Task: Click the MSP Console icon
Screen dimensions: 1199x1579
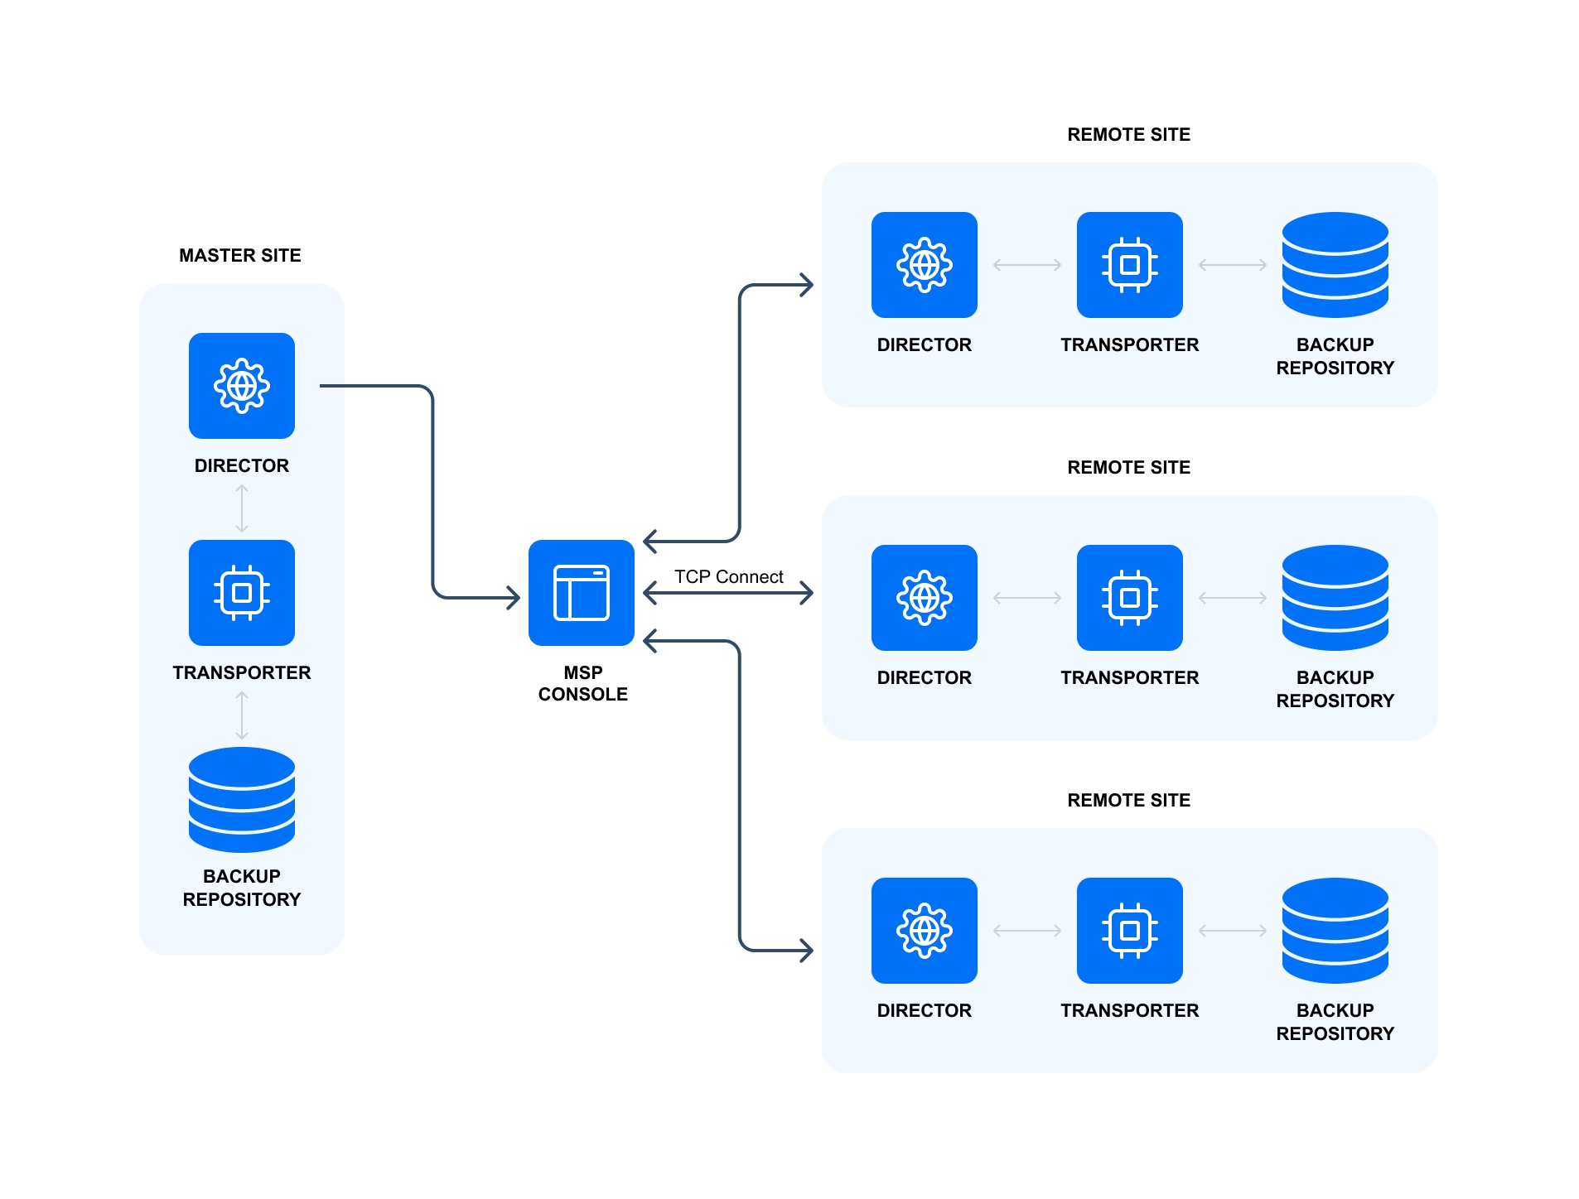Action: click(x=581, y=593)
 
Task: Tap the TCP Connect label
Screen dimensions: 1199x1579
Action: click(x=728, y=576)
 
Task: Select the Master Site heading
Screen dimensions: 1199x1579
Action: click(x=239, y=255)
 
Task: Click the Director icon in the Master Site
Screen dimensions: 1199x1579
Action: click(x=241, y=386)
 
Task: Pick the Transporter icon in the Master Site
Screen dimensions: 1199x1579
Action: click(x=241, y=593)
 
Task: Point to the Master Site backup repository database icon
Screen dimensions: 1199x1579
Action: click(x=241, y=799)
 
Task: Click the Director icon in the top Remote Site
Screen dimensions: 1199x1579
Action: click(x=924, y=265)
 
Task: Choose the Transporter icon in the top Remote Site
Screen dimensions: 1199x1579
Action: click(x=1129, y=265)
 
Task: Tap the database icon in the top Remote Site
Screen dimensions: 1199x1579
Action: click(x=1335, y=265)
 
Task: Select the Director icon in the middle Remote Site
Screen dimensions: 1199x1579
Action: click(x=924, y=598)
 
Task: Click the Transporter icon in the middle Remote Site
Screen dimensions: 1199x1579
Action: click(x=1129, y=598)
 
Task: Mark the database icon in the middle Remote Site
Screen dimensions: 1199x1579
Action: click(x=1335, y=598)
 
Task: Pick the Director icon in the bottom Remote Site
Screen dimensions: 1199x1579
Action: click(x=924, y=931)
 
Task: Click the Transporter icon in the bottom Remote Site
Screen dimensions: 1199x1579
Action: click(x=1129, y=931)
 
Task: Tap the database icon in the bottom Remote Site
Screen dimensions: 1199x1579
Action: click(x=1335, y=931)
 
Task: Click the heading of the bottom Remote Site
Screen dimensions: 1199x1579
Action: click(x=1128, y=800)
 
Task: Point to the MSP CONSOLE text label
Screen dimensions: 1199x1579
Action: click(x=582, y=683)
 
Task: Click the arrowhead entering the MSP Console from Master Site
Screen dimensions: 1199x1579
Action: click(x=513, y=597)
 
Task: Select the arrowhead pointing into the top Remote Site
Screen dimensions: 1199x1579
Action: click(x=806, y=286)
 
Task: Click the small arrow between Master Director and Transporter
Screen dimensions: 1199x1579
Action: click(x=241, y=508)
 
